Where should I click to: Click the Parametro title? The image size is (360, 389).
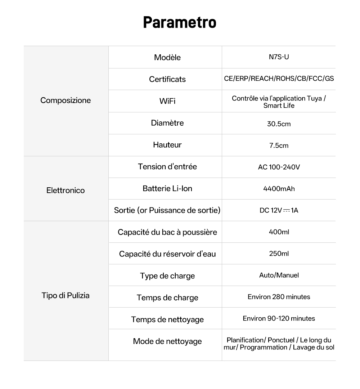click(180, 22)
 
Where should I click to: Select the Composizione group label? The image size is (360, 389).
click(66, 100)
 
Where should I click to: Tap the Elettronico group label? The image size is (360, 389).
click(66, 191)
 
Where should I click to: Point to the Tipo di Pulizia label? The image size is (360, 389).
click(66, 296)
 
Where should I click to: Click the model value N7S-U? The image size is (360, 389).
click(279, 57)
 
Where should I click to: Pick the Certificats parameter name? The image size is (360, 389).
click(167, 79)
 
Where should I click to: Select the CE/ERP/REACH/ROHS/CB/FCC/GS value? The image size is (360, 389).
click(279, 78)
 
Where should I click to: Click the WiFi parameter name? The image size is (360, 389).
click(167, 101)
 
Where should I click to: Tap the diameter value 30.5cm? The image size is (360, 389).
click(279, 124)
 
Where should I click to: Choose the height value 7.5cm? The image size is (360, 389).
click(279, 146)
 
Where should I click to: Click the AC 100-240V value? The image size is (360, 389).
click(279, 167)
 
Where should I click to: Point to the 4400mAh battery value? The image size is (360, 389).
click(279, 189)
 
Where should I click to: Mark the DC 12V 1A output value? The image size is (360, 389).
click(279, 210)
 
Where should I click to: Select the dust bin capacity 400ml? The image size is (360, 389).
click(279, 232)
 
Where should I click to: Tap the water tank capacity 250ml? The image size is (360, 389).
click(279, 254)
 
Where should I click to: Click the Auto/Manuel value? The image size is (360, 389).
click(279, 275)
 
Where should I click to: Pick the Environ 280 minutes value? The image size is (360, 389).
click(279, 297)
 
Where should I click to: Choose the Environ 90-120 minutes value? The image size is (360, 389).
click(279, 318)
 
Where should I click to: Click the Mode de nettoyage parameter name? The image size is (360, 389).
click(167, 341)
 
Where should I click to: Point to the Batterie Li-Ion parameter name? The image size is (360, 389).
click(167, 188)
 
